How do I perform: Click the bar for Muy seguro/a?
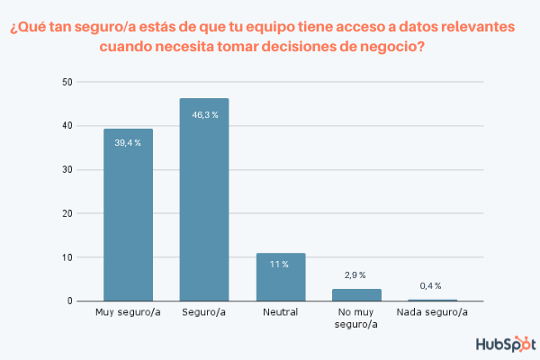click(128, 216)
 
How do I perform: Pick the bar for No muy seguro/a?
click(357, 294)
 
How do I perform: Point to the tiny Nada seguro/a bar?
click(433, 300)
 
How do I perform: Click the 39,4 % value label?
click(128, 142)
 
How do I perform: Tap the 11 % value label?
click(281, 265)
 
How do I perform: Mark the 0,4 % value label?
click(433, 284)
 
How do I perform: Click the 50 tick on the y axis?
click(67, 83)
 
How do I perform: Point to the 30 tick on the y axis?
click(67, 170)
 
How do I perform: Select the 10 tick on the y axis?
click(67, 257)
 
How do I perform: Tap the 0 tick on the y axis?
click(70, 301)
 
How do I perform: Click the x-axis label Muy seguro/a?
click(128, 312)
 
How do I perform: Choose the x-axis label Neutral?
click(281, 312)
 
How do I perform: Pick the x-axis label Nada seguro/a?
click(433, 312)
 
